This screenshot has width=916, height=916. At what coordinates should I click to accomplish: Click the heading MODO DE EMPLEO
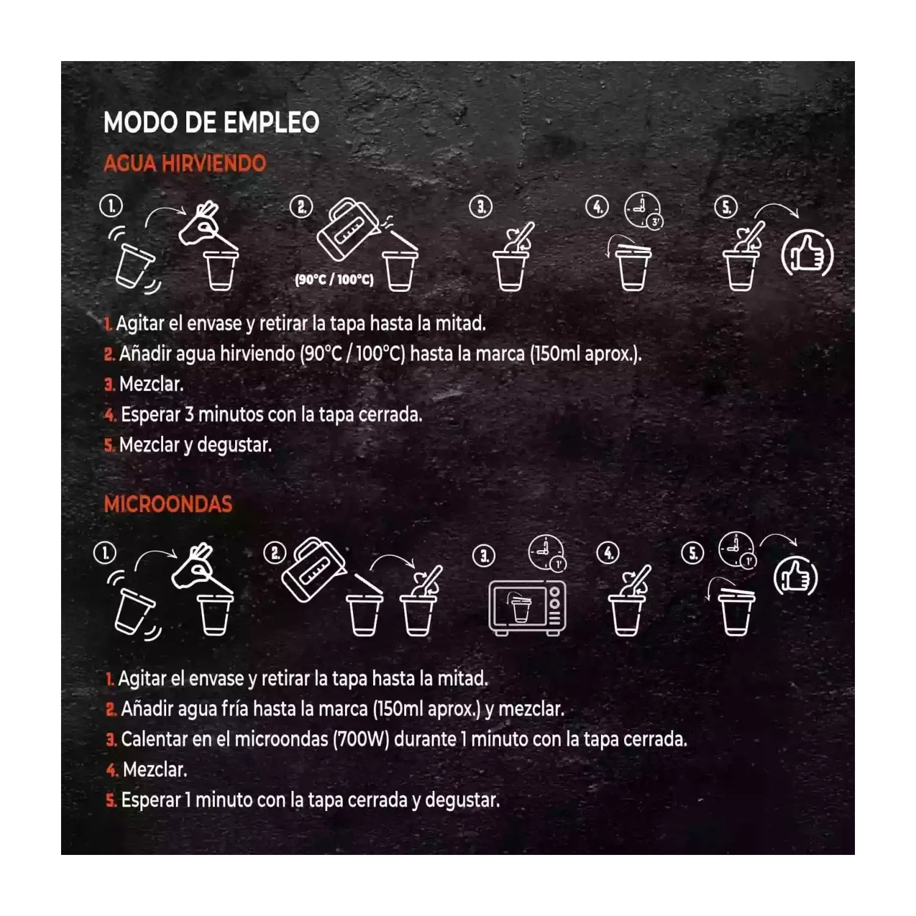pyautogui.click(x=211, y=122)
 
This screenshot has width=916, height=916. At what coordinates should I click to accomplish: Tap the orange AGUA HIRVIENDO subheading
pyautogui.click(x=184, y=164)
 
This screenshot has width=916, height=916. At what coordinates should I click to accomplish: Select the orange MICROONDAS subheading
pyautogui.click(x=168, y=504)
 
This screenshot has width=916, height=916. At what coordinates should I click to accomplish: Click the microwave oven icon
pyautogui.click(x=527, y=608)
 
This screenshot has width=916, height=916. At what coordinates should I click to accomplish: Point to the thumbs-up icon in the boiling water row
pyautogui.click(x=807, y=254)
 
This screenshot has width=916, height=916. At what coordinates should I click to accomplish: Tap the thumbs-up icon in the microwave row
pyautogui.click(x=795, y=578)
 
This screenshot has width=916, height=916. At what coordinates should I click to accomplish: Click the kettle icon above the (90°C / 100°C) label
pyautogui.click(x=346, y=228)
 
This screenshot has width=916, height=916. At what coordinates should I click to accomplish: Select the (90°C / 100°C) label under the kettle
pyautogui.click(x=334, y=280)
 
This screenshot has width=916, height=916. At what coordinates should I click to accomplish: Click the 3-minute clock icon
pyautogui.click(x=644, y=211)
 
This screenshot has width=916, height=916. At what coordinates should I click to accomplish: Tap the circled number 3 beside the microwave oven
pyautogui.click(x=484, y=556)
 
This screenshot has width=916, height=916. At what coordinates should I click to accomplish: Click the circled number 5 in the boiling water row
pyautogui.click(x=726, y=207)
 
